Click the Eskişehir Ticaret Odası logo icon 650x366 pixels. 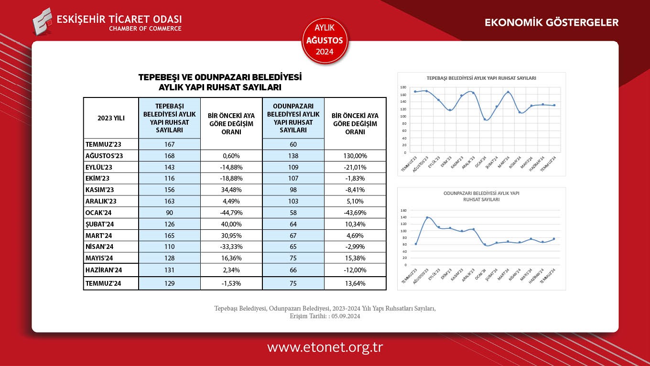[43, 22]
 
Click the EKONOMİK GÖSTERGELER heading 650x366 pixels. [552, 22]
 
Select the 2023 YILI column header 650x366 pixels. [111, 118]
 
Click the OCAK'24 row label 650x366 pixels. [98, 213]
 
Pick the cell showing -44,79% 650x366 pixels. [231, 213]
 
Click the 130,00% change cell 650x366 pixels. [355, 156]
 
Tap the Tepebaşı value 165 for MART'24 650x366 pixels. [170, 236]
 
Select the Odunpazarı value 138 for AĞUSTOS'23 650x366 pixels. [293, 156]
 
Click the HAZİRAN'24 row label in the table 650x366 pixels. [104, 270]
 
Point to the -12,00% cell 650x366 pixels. [355, 270]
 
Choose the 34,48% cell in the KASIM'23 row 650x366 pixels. [231, 190]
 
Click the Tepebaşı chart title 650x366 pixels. [481, 77]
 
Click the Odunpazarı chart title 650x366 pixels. [481, 196]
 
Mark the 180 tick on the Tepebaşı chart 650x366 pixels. [403, 87]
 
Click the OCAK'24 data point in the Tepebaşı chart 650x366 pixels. [485, 119]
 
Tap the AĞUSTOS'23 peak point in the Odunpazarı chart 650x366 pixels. [427, 218]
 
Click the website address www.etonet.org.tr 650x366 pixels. [325, 347]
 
